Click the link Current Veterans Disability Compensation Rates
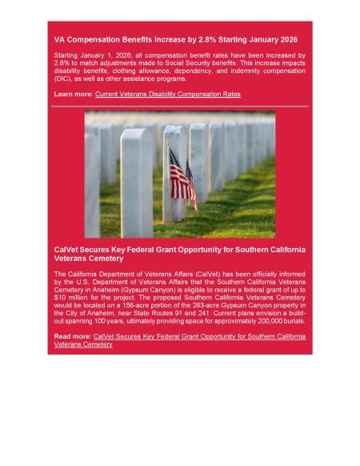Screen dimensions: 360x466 coord(167,94)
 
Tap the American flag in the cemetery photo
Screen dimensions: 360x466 coord(182,178)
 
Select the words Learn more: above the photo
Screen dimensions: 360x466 coord(73,94)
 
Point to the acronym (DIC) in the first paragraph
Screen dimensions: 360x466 coord(66,78)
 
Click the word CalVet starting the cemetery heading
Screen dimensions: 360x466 coord(67,251)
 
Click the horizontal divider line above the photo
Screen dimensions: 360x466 coord(180,105)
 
